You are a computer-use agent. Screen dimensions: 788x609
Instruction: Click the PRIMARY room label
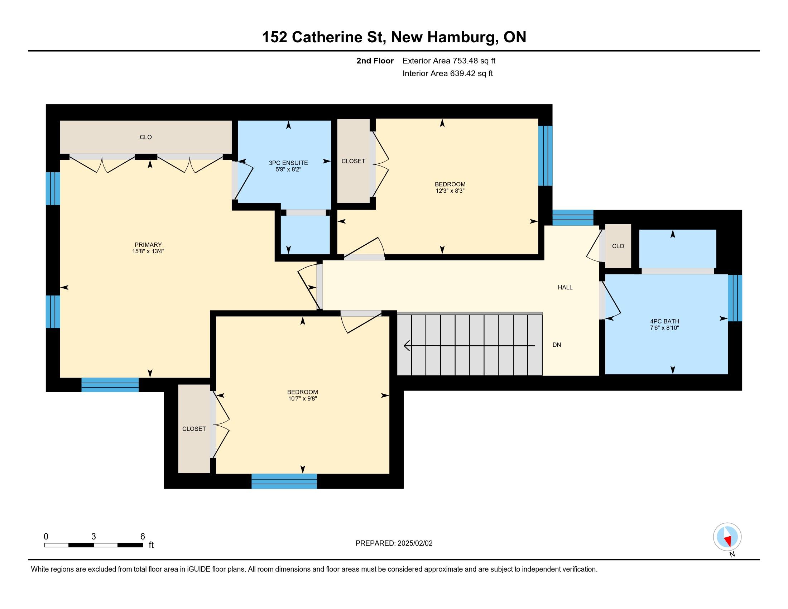point(148,245)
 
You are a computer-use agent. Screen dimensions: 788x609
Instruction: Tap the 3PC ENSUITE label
point(288,163)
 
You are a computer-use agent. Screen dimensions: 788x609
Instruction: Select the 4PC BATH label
point(664,321)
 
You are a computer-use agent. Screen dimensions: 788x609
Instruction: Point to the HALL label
point(565,287)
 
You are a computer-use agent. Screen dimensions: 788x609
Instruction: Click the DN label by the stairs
point(557,345)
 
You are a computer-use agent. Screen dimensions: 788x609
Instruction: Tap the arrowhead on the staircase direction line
point(407,345)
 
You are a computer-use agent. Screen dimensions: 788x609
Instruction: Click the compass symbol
point(727,537)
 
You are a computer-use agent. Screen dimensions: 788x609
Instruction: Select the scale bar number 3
point(94,536)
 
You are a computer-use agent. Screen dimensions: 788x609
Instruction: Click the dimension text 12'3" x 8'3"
point(450,191)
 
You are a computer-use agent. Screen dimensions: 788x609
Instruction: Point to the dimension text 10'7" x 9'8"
point(302,399)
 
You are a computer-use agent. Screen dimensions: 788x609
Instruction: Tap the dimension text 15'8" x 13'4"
point(148,251)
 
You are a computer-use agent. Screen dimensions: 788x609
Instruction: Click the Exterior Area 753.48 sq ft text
point(449,61)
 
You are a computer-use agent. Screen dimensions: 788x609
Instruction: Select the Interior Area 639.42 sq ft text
point(447,73)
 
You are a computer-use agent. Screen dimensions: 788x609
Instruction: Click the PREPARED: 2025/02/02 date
point(394,543)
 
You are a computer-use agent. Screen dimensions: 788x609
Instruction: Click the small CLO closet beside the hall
point(618,246)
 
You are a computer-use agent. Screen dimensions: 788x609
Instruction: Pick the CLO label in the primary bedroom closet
point(146,137)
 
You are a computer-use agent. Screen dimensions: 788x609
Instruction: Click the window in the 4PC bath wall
point(735,298)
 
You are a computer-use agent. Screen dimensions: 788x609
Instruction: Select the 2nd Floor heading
point(375,61)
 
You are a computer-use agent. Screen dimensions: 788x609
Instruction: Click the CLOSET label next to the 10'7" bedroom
point(194,428)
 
